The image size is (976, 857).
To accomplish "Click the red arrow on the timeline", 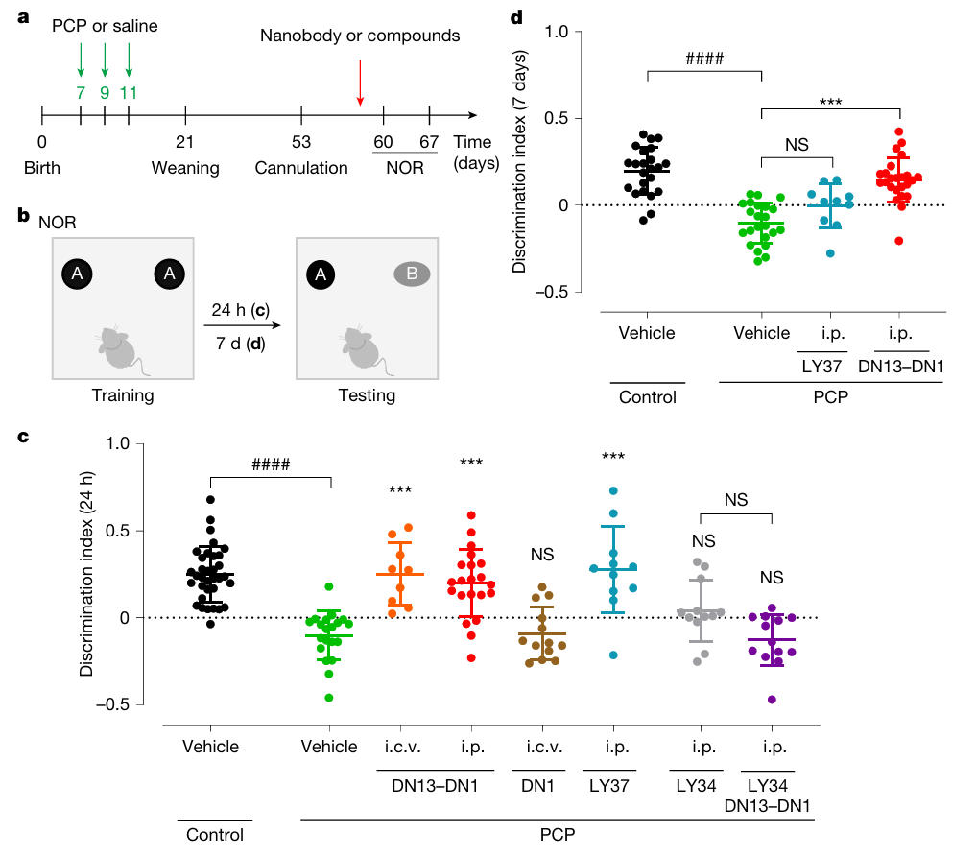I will pos(360,84).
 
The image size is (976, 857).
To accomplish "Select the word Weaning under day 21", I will pos(185,168).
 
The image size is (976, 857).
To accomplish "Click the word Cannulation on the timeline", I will pos(301,168).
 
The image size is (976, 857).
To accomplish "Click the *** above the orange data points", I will pos(400,491).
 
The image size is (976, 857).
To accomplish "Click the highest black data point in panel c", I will pos(210,499).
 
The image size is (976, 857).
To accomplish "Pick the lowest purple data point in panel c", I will pos(771,699).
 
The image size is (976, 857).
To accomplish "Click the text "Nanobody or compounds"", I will pos(360,36).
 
